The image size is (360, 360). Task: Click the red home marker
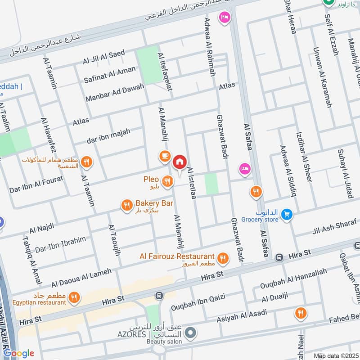click(x=180, y=162)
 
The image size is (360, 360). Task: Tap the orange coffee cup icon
click(x=164, y=156)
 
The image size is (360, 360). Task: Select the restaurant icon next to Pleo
click(x=167, y=181)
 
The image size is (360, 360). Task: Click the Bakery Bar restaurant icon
click(x=126, y=205)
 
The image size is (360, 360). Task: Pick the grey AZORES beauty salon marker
click(x=191, y=333)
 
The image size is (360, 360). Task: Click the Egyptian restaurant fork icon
click(x=75, y=297)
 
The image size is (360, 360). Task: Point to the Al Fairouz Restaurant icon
click(x=222, y=258)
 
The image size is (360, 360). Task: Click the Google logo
click(x=19, y=353)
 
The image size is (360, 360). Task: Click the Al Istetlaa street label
click(x=192, y=187)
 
